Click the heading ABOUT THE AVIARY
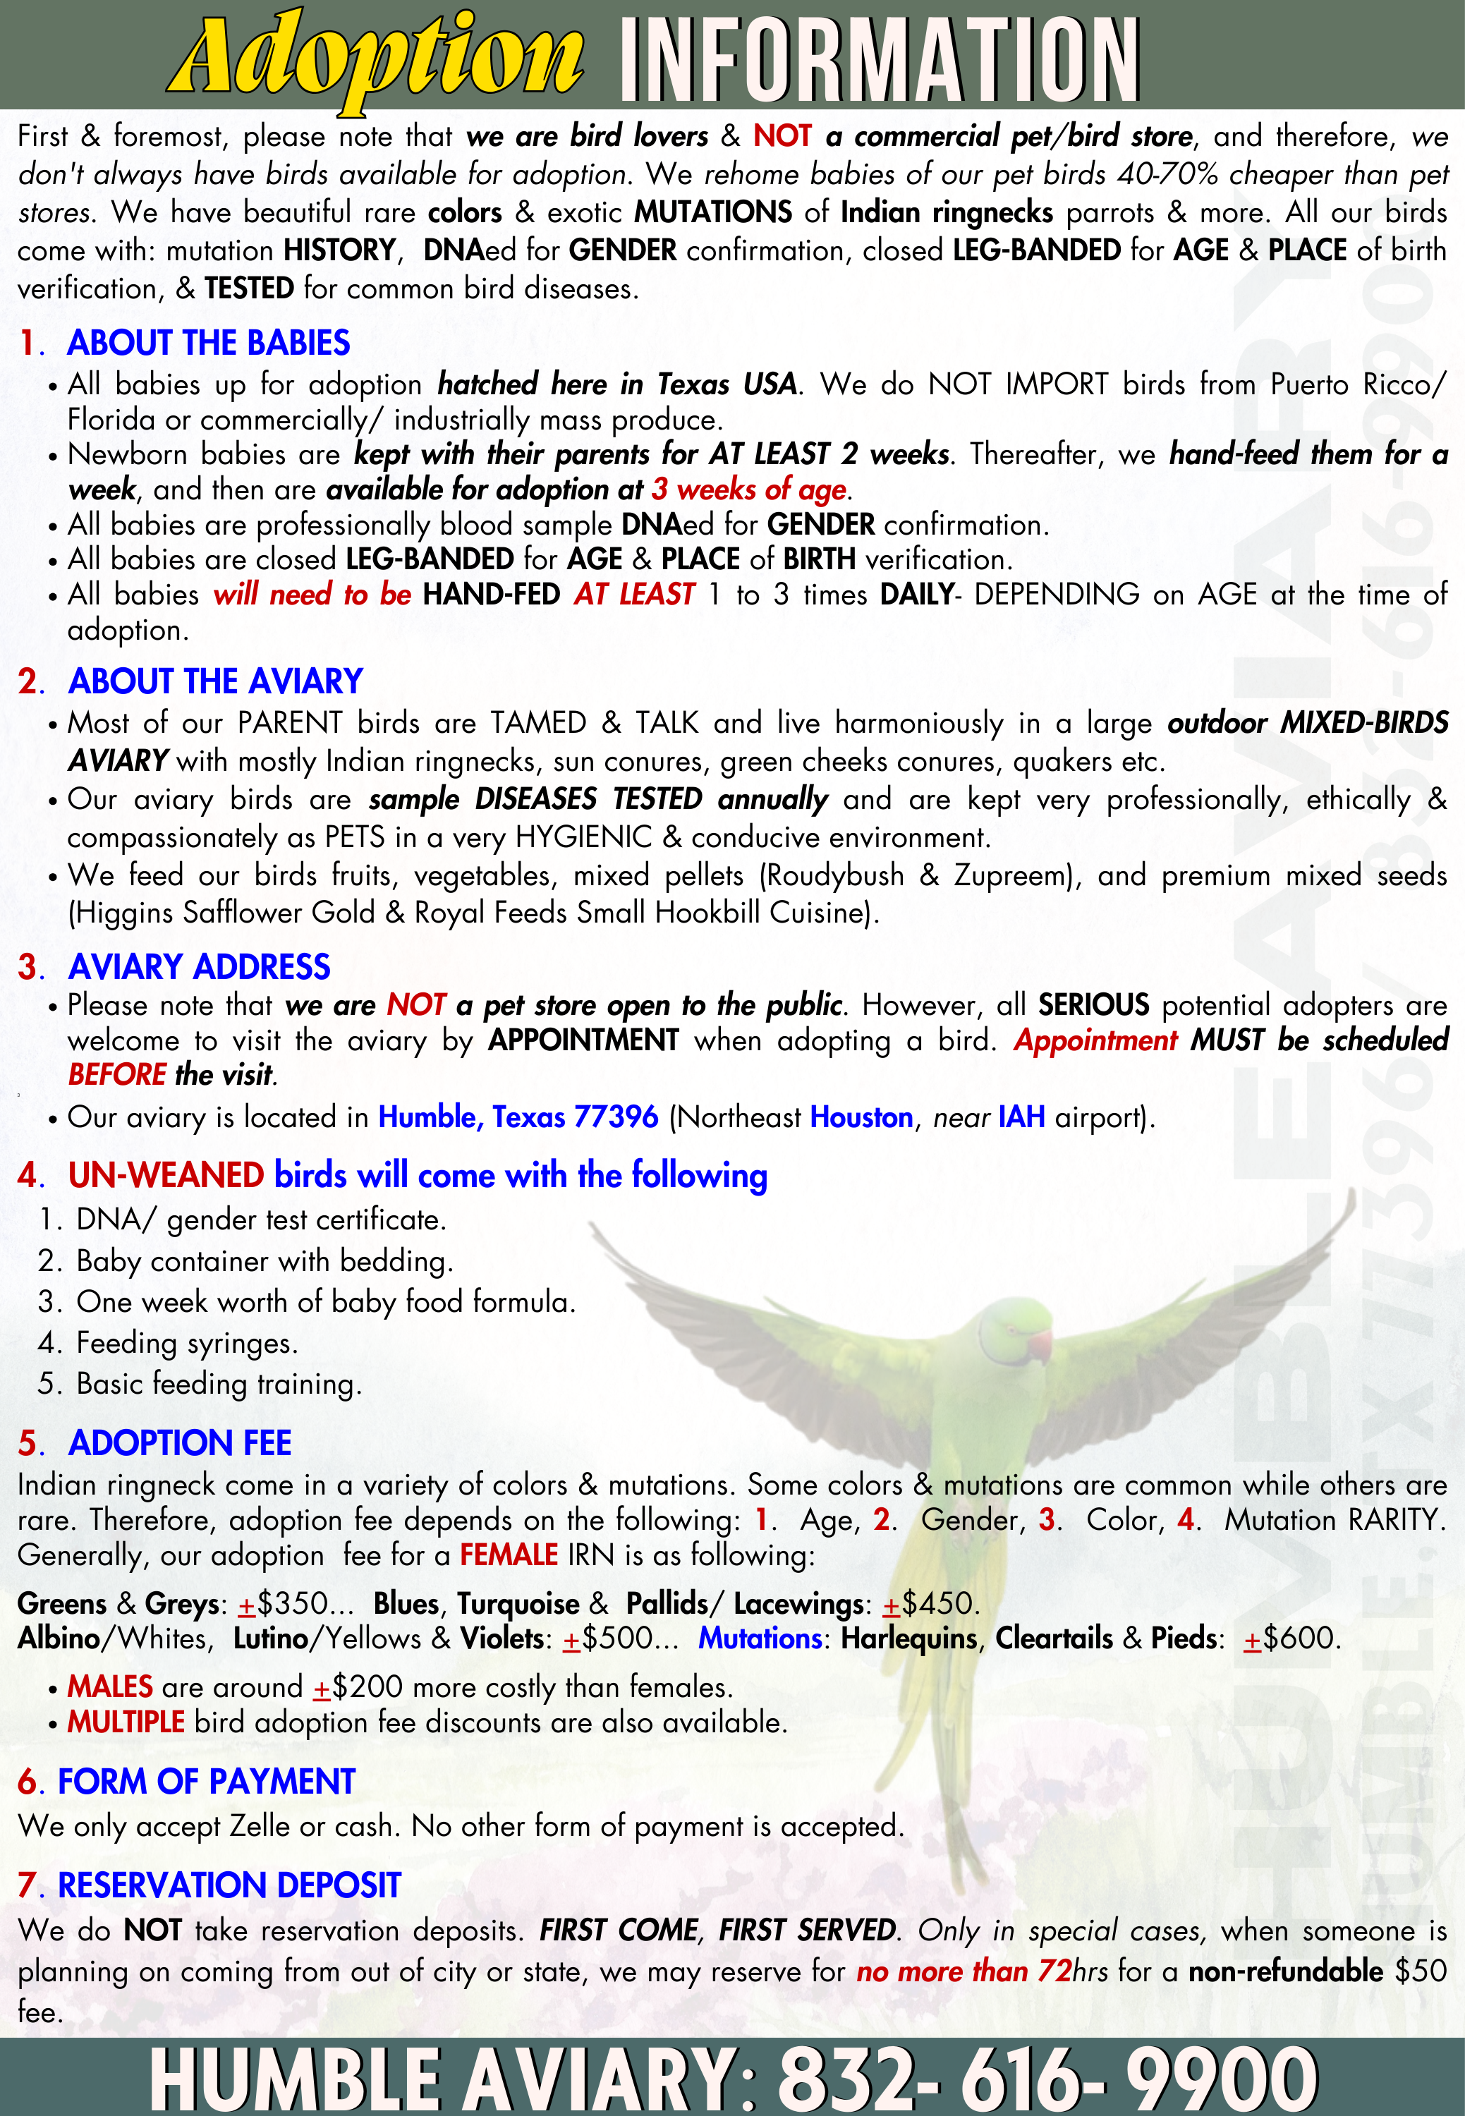216,681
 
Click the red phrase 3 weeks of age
749,490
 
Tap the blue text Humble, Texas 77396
518,1117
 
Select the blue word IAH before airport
1021,1117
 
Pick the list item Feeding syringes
187,1343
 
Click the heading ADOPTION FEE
180,1443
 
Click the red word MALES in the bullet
110,1686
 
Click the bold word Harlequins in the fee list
908,1638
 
